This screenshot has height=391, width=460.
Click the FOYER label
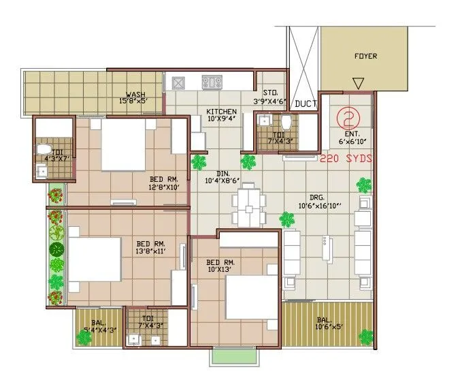tap(365, 56)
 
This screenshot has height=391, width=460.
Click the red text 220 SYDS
tap(346, 157)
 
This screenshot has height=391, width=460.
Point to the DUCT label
tap(305, 104)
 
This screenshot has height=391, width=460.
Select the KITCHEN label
tap(222, 111)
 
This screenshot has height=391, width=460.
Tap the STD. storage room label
tap(269, 93)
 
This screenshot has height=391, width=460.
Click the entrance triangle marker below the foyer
tap(358, 84)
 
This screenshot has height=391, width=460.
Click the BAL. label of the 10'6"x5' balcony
tap(324, 319)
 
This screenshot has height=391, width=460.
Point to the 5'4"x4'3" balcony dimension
tap(99, 330)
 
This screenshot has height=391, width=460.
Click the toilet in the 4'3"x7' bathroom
tap(43, 148)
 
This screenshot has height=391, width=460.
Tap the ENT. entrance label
tap(352, 134)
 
